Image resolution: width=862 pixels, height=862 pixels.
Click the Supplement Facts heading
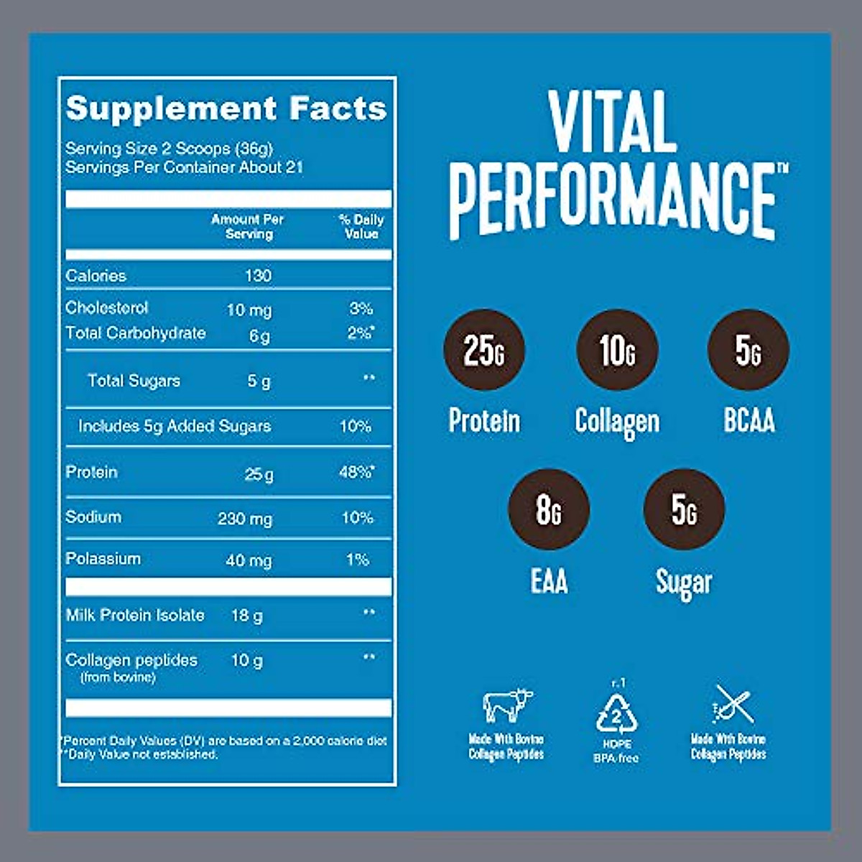point(226,109)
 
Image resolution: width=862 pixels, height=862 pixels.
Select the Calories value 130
point(258,276)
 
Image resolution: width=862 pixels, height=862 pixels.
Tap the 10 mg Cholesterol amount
point(249,310)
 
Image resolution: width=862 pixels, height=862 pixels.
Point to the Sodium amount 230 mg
point(245,519)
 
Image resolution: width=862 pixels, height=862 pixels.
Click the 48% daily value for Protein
point(356,473)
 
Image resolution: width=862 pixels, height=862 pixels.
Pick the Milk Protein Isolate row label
point(135,616)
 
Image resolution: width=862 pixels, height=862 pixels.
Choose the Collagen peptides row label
point(131,660)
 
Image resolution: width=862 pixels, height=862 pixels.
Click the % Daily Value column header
point(361,226)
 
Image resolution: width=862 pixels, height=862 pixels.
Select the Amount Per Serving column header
point(248,226)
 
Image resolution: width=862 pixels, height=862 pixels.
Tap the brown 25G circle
point(484,350)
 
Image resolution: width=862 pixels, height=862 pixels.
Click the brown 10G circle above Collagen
point(617,350)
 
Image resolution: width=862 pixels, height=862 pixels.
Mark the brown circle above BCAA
point(749,350)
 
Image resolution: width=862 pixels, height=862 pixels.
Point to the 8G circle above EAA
point(549,509)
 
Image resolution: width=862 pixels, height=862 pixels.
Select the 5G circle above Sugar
point(684,509)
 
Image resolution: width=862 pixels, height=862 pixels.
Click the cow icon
point(508,705)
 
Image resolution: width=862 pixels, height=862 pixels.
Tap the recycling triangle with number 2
point(617,713)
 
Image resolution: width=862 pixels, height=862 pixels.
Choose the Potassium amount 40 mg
point(249,560)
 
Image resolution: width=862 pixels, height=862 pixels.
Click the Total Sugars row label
point(134,381)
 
